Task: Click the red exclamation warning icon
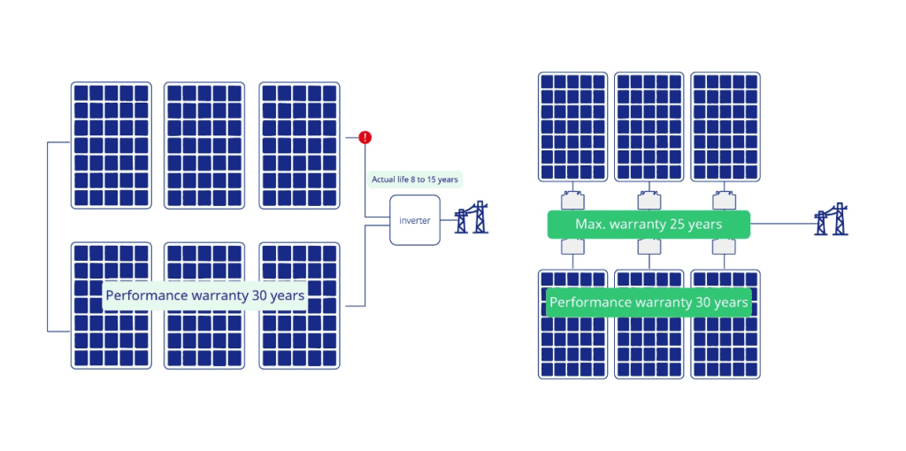[x=365, y=138]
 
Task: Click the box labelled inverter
[x=414, y=220]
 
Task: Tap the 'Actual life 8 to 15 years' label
[x=414, y=180]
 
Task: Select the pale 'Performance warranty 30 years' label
[x=205, y=295]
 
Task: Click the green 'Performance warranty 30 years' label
[x=649, y=302]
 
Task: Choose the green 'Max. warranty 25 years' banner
[x=649, y=225]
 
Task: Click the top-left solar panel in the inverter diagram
[x=111, y=145]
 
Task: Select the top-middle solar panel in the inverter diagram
[x=204, y=145]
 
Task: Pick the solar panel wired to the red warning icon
[x=298, y=145]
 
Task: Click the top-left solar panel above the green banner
[x=572, y=126]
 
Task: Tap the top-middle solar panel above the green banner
[x=649, y=126]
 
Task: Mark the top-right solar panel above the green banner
[x=725, y=126]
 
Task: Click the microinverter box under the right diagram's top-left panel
[x=572, y=198]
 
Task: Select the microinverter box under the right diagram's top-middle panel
[x=649, y=198]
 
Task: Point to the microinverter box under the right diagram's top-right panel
[x=725, y=198]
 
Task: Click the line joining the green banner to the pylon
[x=782, y=225]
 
